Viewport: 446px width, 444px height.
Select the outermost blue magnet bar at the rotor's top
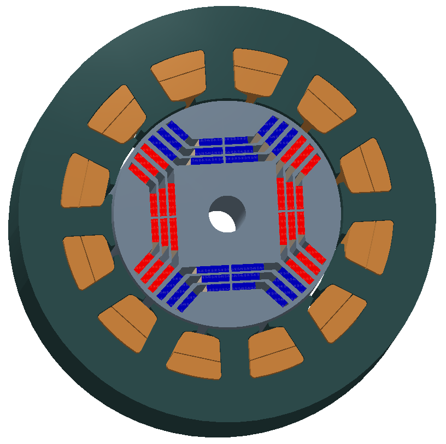223,140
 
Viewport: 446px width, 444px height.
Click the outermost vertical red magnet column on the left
154,215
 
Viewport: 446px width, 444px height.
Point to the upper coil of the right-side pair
365,166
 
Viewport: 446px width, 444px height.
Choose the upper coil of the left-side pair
85,180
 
